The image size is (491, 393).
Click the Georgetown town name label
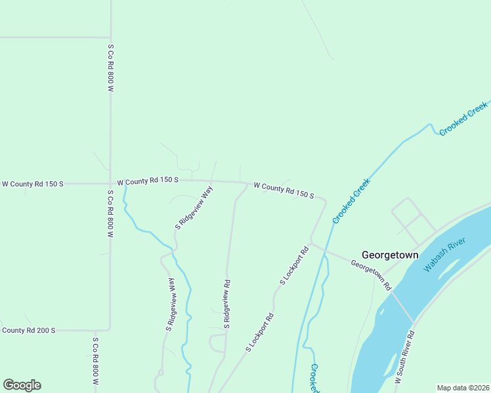coord(390,255)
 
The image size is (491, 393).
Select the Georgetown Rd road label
coord(371,275)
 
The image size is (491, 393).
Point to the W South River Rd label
coord(405,357)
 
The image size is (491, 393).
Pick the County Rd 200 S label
coord(28,330)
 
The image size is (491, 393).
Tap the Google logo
coord(22,385)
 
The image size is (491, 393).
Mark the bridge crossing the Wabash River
coord(402,307)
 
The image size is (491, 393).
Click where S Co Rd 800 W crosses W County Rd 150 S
coord(110,183)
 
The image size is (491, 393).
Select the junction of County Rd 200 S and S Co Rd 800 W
coord(110,329)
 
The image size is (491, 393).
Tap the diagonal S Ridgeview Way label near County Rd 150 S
coord(194,208)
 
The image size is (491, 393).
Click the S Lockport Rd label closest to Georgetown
coord(294,265)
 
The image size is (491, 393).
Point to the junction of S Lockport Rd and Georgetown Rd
coord(311,244)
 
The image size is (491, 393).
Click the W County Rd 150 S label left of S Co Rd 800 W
coord(33,184)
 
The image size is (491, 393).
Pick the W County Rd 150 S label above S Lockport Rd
coord(284,191)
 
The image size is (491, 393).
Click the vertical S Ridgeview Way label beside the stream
coord(171,303)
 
